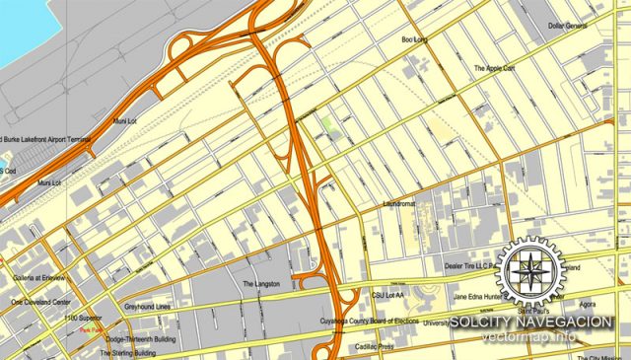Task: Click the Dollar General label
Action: (x=567, y=26)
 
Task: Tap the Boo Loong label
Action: (x=414, y=40)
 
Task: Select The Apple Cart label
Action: (x=494, y=69)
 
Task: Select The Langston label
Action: (x=262, y=283)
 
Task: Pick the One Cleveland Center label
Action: (x=40, y=302)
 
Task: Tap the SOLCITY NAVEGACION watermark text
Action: (x=533, y=323)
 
